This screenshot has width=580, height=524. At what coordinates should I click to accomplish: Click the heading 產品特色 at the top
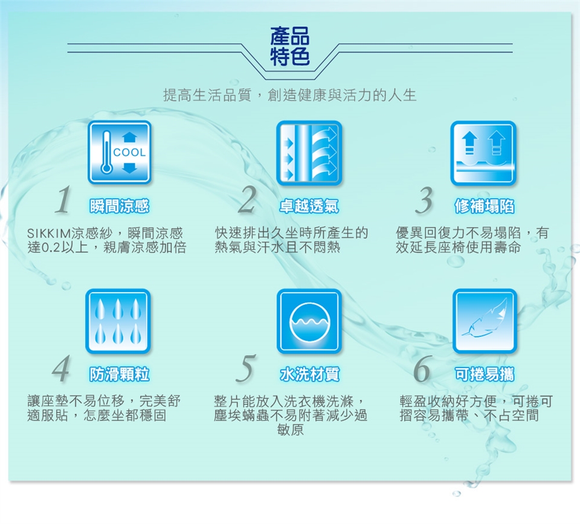click(289, 46)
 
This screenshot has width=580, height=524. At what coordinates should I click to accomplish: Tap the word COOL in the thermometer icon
click(129, 152)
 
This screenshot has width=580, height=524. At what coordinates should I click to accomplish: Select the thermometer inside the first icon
click(106, 152)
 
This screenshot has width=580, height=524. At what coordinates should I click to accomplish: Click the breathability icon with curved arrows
click(309, 153)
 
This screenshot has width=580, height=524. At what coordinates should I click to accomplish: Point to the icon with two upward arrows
click(483, 153)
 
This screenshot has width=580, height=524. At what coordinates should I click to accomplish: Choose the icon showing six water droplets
click(118, 321)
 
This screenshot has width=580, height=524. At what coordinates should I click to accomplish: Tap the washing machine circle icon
click(309, 321)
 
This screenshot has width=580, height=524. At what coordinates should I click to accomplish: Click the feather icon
click(485, 321)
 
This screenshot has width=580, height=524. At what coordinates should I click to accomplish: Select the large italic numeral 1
click(63, 200)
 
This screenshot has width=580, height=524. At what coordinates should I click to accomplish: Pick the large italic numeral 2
click(247, 200)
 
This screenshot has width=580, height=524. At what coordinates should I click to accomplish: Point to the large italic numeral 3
click(424, 200)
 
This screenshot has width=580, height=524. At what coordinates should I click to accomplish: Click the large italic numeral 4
click(60, 368)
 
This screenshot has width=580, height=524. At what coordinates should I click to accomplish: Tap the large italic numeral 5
click(246, 368)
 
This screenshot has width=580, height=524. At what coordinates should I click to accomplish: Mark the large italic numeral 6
click(422, 368)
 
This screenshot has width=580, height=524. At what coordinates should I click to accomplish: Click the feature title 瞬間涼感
click(119, 206)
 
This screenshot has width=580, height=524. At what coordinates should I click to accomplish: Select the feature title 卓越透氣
click(309, 206)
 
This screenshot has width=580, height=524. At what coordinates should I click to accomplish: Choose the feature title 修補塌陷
click(484, 206)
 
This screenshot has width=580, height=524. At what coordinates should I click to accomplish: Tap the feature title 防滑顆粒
click(119, 374)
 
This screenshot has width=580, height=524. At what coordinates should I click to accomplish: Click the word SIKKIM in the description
click(49, 234)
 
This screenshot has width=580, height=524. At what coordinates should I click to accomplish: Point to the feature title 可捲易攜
click(484, 374)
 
